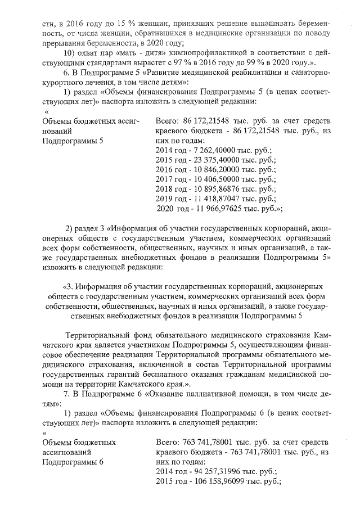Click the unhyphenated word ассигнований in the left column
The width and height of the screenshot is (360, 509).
[67, 452]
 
